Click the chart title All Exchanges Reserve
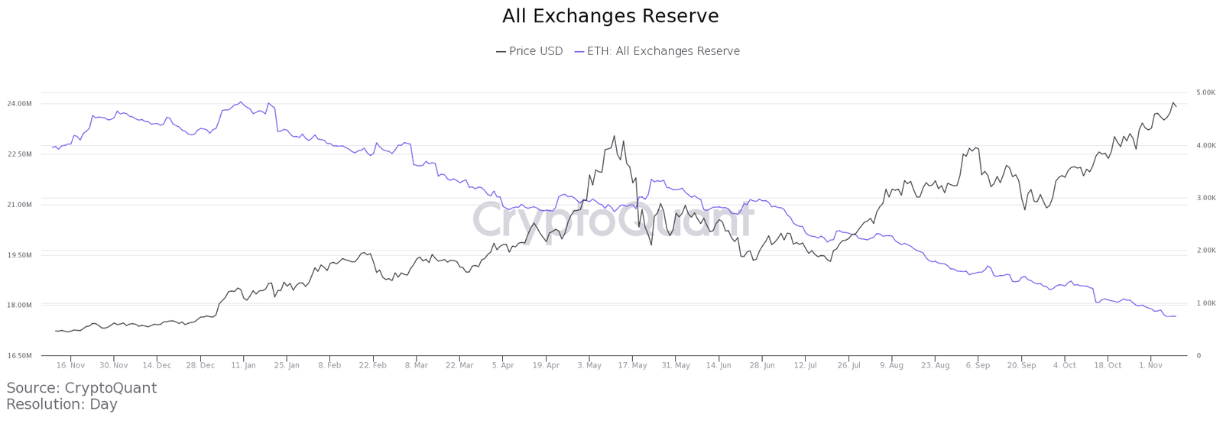coord(610,16)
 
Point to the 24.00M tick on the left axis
coord(19,103)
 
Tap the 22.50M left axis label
coord(19,154)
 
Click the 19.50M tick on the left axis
coord(19,254)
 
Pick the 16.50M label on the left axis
coord(19,355)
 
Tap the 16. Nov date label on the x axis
coord(70,365)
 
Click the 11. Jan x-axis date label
coord(243,365)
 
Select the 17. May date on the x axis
coord(632,365)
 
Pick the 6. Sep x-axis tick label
coord(978,365)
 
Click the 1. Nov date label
coord(1150,365)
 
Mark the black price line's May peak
coord(614,136)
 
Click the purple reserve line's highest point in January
coord(241,102)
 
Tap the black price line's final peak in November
coord(1173,102)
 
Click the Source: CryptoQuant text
coord(81,388)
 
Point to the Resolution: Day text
coord(62,405)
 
